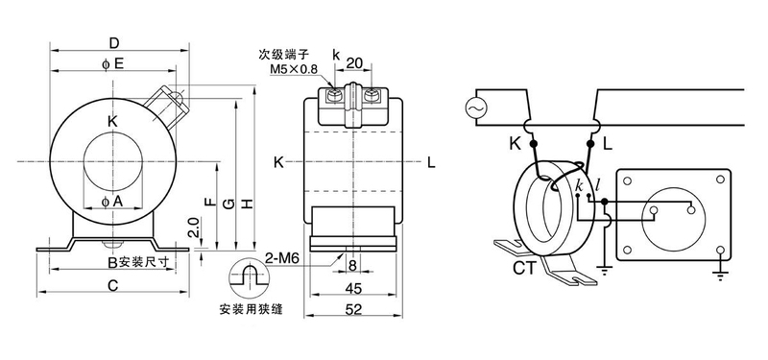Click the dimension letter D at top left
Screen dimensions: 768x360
[113, 43]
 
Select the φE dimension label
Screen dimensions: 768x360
[112, 64]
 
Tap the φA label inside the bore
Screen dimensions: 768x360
[112, 201]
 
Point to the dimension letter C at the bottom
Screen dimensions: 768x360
[113, 285]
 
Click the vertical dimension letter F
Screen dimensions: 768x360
[208, 202]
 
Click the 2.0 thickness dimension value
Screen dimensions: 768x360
[194, 228]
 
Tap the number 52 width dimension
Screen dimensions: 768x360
[353, 309]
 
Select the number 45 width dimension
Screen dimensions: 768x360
[353, 289]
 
